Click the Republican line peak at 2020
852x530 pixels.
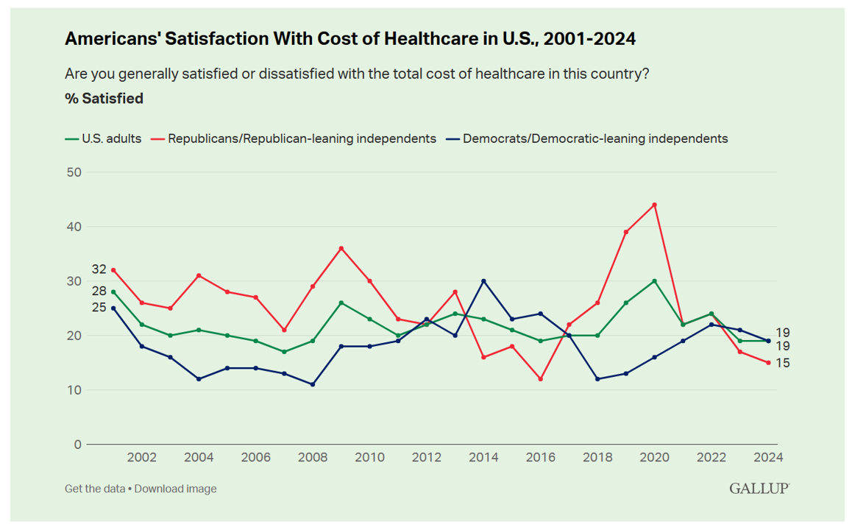[x=654, y=205]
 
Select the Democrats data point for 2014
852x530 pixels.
[x=483, y=281]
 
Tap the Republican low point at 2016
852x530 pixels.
[x=541, y=379]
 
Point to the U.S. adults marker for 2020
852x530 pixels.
[x=654, y=281]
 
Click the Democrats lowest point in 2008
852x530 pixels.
[x=313, y=384]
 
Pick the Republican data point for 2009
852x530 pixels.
[x=341, y=248]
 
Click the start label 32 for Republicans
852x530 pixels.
[x=99, y=269]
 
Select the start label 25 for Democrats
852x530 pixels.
[x=99, y=307]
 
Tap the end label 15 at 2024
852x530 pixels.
[x=783, y=363]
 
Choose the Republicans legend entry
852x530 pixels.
[x=294, y=138]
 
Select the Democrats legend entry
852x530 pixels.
[x=588, y=138]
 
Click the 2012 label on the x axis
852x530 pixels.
[x=427, y=457]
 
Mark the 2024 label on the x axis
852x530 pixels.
[x=768, y=457]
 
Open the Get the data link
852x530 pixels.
[x=95, y=489]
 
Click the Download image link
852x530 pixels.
[x=175, y=489]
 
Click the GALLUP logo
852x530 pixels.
[x=759, y=489]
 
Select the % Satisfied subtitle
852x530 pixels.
[x=104, y=99]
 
